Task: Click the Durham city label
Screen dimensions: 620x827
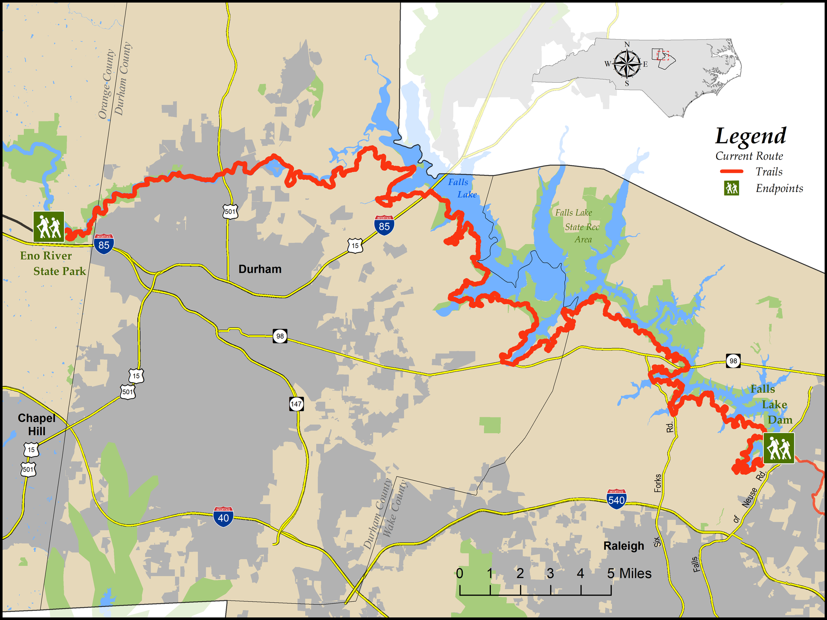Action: [x=260, y=269]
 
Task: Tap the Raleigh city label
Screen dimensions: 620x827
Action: [x=623, y=546]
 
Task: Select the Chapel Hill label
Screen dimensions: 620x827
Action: [x=36, y=425]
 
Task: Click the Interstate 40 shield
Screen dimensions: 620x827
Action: [x=223, y=517]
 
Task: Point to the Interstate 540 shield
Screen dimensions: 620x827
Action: [x=616, y=499]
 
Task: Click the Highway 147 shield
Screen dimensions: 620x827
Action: [x=296, y=404]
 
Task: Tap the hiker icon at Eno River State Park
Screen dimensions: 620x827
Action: [x=48, y=227]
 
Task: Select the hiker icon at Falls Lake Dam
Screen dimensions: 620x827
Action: [x=779, y=448]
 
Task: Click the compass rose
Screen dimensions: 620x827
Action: [x=627, y=64]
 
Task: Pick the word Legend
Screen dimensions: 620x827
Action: [x=750, y=136]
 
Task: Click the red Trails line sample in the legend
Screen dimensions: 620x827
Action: [x=731, y=171]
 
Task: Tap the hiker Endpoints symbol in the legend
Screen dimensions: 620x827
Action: [x=732, y=188]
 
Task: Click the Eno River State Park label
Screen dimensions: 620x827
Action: [x=53, y=263]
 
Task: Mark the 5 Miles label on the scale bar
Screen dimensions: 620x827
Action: [x=629, y=573]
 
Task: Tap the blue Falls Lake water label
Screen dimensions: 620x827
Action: [x=462, y=188]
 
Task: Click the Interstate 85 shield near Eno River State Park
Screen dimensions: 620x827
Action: [x=104, y=244]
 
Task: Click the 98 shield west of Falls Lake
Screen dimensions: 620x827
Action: [x=280, y=336]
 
